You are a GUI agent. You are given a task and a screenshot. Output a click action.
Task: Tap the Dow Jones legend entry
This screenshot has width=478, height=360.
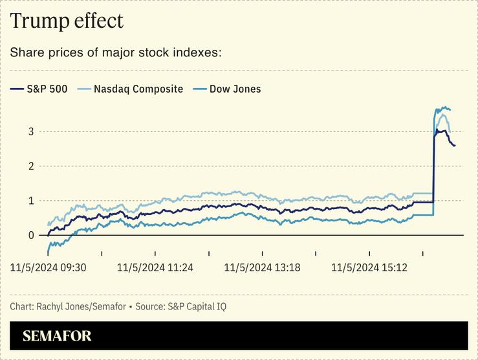coord(235,89)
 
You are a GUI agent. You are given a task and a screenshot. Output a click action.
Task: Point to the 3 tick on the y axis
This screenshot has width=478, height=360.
coord(30,131)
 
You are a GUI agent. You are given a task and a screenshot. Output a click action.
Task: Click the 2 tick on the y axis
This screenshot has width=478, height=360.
coord(30,166)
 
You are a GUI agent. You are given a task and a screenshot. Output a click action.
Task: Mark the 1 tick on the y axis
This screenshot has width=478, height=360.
coord(30,201)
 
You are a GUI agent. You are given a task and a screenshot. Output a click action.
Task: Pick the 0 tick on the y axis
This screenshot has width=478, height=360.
coord(30,235)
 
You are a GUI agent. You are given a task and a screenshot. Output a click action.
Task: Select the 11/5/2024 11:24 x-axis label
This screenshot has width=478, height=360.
coord(155,267)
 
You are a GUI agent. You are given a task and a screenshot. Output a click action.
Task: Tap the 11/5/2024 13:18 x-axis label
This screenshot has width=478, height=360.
coord(262,267)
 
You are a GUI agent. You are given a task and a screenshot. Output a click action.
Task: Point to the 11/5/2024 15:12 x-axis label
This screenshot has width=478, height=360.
coord(369,267)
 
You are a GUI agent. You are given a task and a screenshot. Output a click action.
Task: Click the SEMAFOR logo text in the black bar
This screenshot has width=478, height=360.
coord(57,336)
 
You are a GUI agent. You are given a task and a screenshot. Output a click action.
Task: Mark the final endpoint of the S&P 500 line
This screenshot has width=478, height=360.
coord(454,146)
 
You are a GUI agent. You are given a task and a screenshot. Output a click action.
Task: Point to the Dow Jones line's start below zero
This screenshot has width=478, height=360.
coord(49,251)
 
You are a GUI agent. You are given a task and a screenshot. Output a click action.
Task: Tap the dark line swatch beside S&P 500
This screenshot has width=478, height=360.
coord(17,89)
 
